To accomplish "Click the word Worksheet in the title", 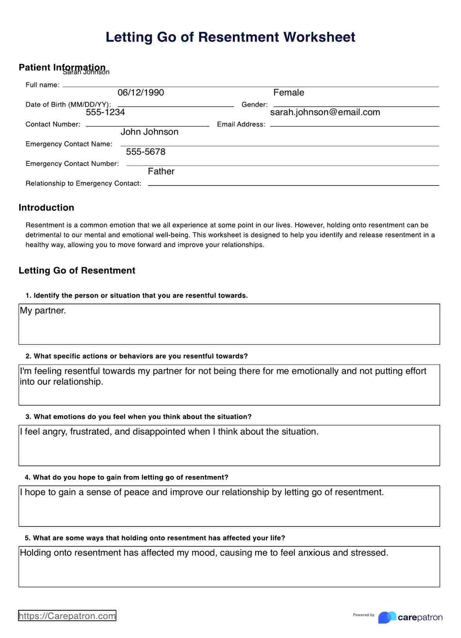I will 319,37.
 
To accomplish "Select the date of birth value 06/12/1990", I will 141,93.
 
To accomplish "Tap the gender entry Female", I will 289,93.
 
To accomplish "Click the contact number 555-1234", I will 105,112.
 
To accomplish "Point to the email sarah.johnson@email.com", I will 325,112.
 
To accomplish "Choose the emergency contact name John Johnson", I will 149,132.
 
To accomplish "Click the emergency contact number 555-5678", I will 145,152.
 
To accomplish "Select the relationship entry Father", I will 161,171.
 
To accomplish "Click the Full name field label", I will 42,85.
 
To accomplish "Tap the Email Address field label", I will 241,124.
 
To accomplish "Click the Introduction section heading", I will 46,208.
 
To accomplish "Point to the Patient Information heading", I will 62,67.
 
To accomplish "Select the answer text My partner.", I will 43,311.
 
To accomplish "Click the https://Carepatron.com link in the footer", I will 67,616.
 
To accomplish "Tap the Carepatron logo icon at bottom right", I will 387,617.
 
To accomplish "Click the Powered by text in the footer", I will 363,615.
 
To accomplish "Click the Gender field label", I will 254,105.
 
